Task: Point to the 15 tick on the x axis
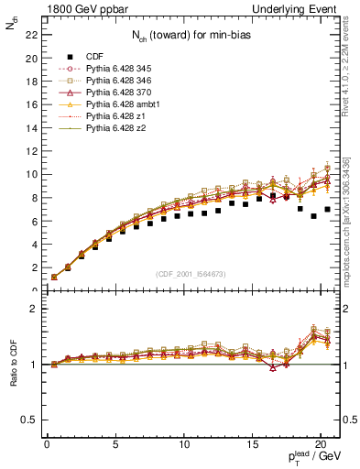pyautogui.click(x=252, y=445)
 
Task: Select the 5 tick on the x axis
pyautogui.click(x=115, y=445)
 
